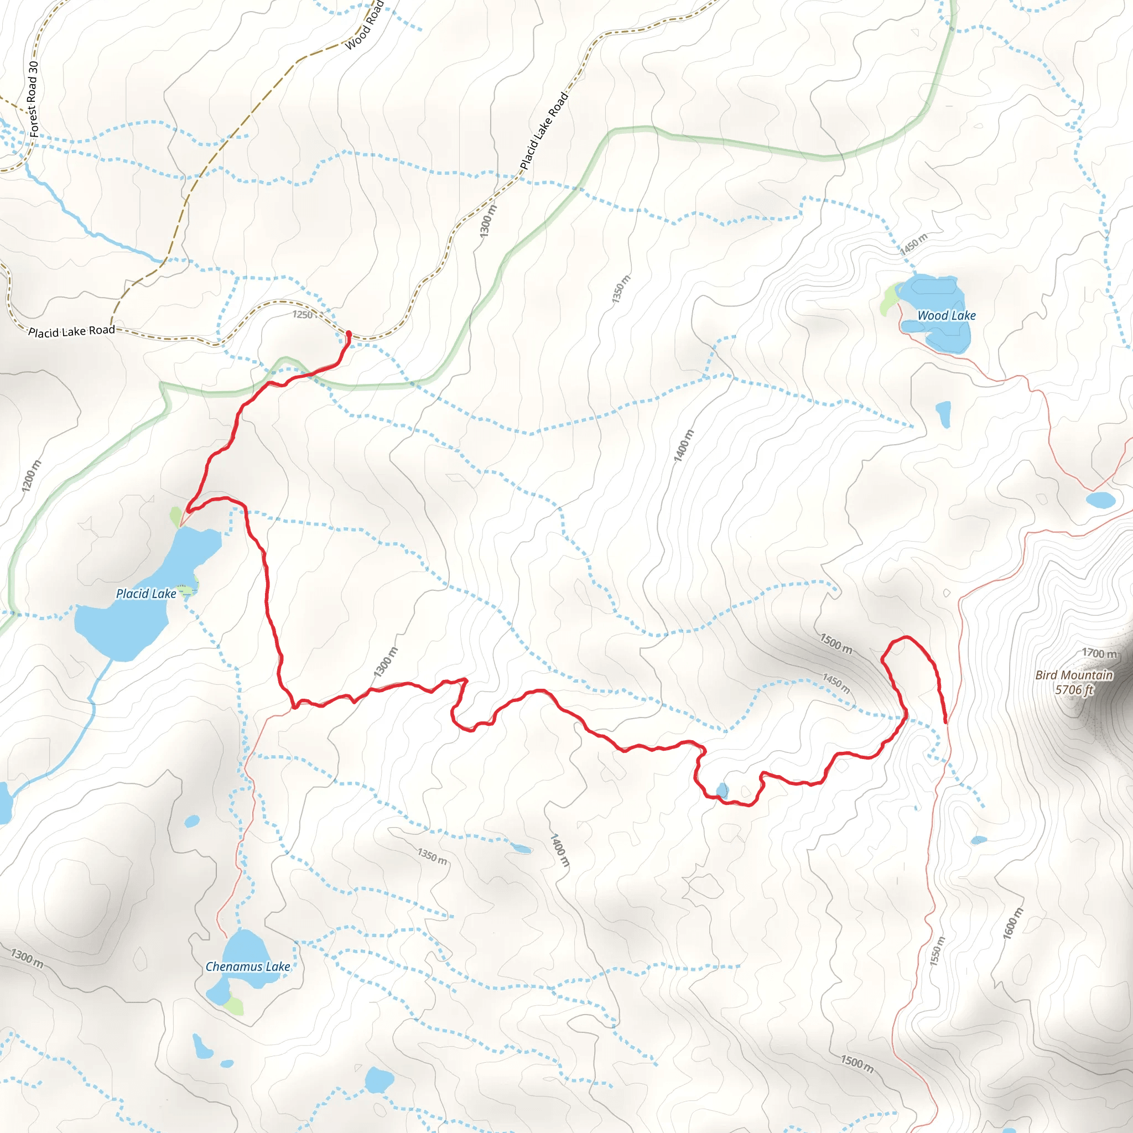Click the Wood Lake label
[x=946, y=315]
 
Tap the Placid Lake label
[x=146, y=594]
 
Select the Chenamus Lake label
[x=247, y=966]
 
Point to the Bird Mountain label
[x=1074, y=675]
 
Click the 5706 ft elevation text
[x=1074, y=690]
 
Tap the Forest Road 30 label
[x=33, y=99]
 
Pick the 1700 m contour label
[x=1099, y=653]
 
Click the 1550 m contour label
[x=937, y=950]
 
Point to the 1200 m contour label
[x=31, y=476]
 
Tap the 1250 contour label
[x=303, y=315]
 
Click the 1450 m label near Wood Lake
[x=914, y=244]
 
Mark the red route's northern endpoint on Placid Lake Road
[x=349, y=334]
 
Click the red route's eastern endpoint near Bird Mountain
[x=945, y=722]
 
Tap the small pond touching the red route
[x=722, y=791]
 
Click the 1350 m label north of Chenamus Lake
[x=432, y=856]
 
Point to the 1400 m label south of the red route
[x=559, y=851]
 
